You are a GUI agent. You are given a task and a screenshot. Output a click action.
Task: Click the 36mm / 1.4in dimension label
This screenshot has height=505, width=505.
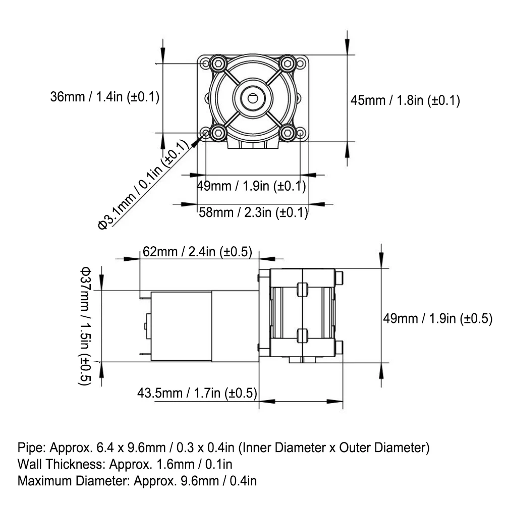click(104, 97)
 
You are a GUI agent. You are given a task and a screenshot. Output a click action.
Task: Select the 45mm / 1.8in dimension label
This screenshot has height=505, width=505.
click(405, 100)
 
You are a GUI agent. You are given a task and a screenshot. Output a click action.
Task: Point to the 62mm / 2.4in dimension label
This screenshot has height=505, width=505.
click(197, 252)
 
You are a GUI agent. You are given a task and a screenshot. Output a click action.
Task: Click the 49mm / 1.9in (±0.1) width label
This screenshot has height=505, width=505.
click(251, 186)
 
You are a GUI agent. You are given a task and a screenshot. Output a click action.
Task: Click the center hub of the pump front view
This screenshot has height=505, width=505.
click(252, 98)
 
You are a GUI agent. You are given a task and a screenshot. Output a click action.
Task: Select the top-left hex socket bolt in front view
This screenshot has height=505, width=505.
click(218, 64)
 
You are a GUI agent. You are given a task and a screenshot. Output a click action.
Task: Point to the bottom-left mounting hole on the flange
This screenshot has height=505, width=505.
click(205, 133)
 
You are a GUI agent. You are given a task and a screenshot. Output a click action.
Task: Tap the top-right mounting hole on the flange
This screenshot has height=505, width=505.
click(301, 64)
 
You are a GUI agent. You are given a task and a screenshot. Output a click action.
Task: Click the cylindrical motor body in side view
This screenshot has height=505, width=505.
click(182, 325)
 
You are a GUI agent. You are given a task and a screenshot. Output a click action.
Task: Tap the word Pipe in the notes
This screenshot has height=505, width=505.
click(28, 447)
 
